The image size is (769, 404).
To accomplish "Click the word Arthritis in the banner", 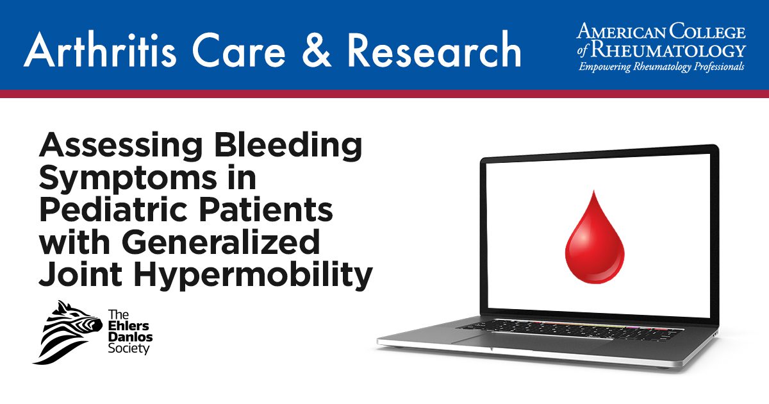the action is pyautogui.click(x=100, y=50).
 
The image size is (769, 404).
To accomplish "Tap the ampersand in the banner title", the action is pyautogui.click(x=317, y=50).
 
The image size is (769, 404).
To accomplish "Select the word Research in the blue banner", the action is pyautogui.click(x=434, y=49).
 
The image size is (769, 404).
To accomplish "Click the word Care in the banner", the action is pyautogui.click(x=239, y=50).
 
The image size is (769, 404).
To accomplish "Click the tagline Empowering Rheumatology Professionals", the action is pyautogui.click(x=661, y=67).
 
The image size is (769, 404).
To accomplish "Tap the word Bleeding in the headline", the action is pyautogui.click(x=288, y=146).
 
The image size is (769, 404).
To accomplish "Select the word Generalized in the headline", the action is pyautogui.click(x=220, y=243).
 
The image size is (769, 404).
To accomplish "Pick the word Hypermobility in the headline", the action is pyautogui.click(x=253, y=275).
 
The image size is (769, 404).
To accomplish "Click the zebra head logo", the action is pyautogui.click(x=67, y=332).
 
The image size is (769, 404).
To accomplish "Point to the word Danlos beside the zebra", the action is pyautogui.click(x=130, y=337).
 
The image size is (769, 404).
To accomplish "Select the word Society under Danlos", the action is pyautogui.click(x=129, y=349).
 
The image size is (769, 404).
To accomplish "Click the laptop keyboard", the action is pyautogui.click(x=570, y=329).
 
